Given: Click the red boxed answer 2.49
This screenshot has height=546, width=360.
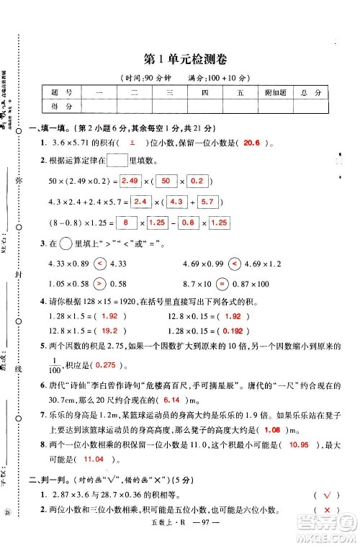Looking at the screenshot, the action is point(130,180).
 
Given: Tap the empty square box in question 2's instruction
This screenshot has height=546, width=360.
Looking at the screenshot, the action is point(117,160).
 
